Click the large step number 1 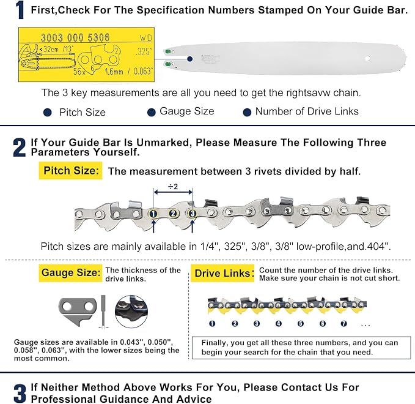[x=20, y=10]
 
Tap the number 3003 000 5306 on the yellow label [x=75, y=37]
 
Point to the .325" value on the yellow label [x=144, y=51]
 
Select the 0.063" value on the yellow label [x=142, y=71]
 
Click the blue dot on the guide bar [x=189, y=59]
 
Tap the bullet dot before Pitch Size [x=48, y=113]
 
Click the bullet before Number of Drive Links [x=247, y=113]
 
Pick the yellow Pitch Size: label [x=71, y=170]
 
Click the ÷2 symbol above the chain [x=173, y=187]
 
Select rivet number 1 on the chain [x=153, y=214]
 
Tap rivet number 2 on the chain [x=173, y=214]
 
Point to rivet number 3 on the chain [x=193, y=214]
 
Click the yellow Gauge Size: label [x=71, y=273]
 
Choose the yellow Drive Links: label [x=222, y=273]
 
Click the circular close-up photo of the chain [x=131, y=312]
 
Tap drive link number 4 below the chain [x=279, y=323]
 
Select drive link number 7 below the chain [x=343, y=323]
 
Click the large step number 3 [x=20, y=393]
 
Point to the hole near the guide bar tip [x=367, y=58]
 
